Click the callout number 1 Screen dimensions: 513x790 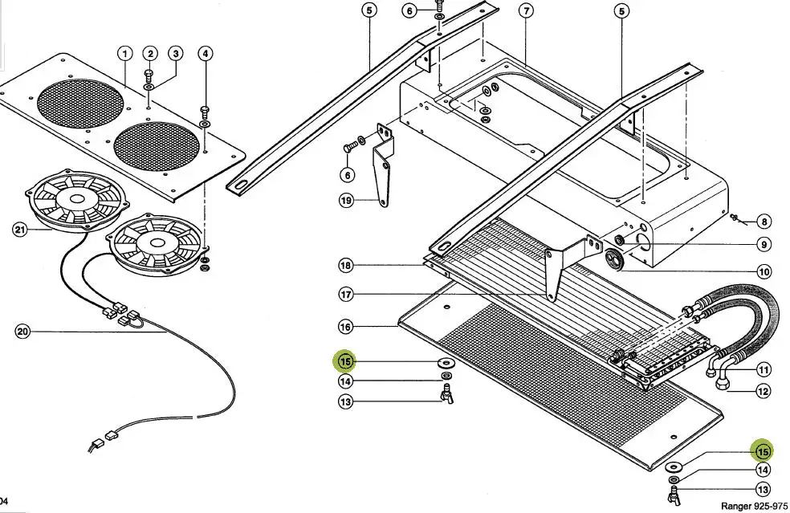tap(124, 54)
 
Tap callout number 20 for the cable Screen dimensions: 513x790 tap(22, 331)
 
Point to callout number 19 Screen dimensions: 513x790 tap(346, 201)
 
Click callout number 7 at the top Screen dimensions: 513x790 tap(526, 10)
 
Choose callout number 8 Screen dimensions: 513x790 tap(764, 222)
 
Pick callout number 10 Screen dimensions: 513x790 tap(764, 271)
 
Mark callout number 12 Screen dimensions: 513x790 tap(764, 391)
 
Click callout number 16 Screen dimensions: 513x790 tap(346, 327)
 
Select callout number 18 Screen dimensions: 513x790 tap(346, 266)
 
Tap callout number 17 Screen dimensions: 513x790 tap(346, 295)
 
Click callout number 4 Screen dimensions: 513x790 tap(206, 54)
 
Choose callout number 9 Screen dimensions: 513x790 tap(764, 245)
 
